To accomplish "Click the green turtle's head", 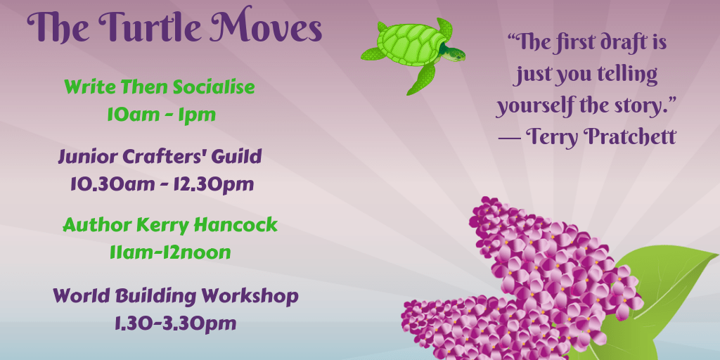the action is pos(456,54).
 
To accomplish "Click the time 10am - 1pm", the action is pos(161,115).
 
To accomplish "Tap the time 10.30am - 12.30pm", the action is pos(162,184).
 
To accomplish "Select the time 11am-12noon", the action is pos(170,252).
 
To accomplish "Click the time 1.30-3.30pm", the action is pos(175,323).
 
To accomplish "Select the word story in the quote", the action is pos(638,106).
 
